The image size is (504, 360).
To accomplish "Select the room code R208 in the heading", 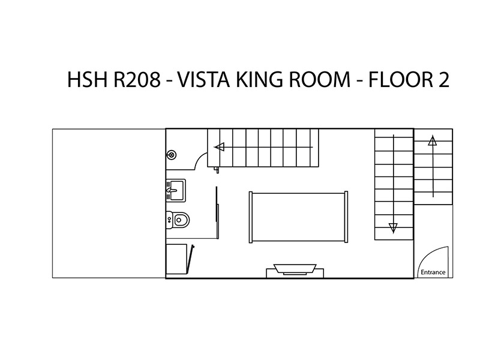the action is [x=137, y=79].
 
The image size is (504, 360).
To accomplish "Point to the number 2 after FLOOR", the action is [x=443, y=79].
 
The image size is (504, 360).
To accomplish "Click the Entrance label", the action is [x=433, y=272].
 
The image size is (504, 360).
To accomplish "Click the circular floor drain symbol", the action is [x=172, y=155].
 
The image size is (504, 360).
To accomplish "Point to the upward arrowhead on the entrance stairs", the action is [x=433, y=141].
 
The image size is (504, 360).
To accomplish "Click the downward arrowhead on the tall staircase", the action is [x=393, y=228].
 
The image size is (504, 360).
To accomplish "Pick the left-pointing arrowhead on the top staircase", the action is [x=219, y=147].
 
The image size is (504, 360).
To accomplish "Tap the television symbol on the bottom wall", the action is [x=295, y=269].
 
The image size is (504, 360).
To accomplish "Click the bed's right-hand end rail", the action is [x=346, y=217].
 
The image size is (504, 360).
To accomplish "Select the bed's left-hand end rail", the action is [x=251, y=217].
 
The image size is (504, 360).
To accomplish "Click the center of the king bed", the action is [x=298, y=217].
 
